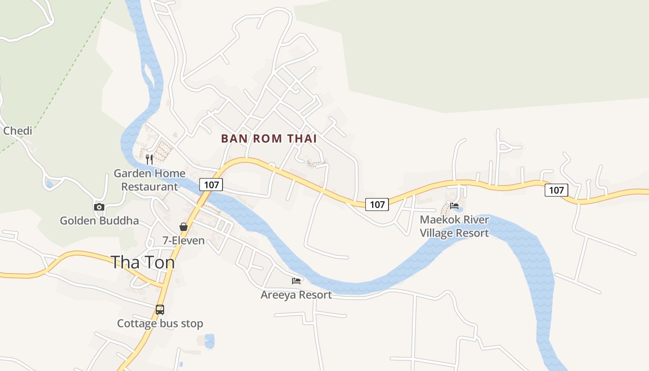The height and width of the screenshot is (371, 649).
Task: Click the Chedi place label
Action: point(18,131)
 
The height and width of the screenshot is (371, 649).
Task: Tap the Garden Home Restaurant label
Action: point(149,180)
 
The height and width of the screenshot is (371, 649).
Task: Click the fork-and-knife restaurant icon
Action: point(149,159)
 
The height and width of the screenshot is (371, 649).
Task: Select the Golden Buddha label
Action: point(99,220)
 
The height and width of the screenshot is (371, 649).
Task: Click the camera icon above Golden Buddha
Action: point(99,207)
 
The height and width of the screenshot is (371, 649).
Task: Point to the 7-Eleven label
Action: point(184,240)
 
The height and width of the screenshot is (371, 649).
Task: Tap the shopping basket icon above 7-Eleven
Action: point(184,227)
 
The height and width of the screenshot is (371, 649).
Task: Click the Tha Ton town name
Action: point(143,262)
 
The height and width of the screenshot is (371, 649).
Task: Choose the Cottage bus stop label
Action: point(160,323)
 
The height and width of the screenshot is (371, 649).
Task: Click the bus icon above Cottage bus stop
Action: point(160,309)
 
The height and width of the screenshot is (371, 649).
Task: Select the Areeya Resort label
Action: point(296,294)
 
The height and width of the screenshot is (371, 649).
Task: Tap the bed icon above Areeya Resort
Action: point(296,281)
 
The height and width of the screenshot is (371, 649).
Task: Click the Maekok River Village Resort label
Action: point(454,226)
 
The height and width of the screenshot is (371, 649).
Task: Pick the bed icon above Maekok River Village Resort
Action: point(454,206)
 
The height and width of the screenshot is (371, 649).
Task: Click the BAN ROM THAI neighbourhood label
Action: point(269,138)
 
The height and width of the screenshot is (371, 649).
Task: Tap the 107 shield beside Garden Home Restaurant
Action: point(211,185)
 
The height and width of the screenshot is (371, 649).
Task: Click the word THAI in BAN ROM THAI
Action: point(302,138)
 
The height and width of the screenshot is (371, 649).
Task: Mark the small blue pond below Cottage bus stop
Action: point(210,341)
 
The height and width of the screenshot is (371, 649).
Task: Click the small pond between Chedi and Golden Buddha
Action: point(49,184)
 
